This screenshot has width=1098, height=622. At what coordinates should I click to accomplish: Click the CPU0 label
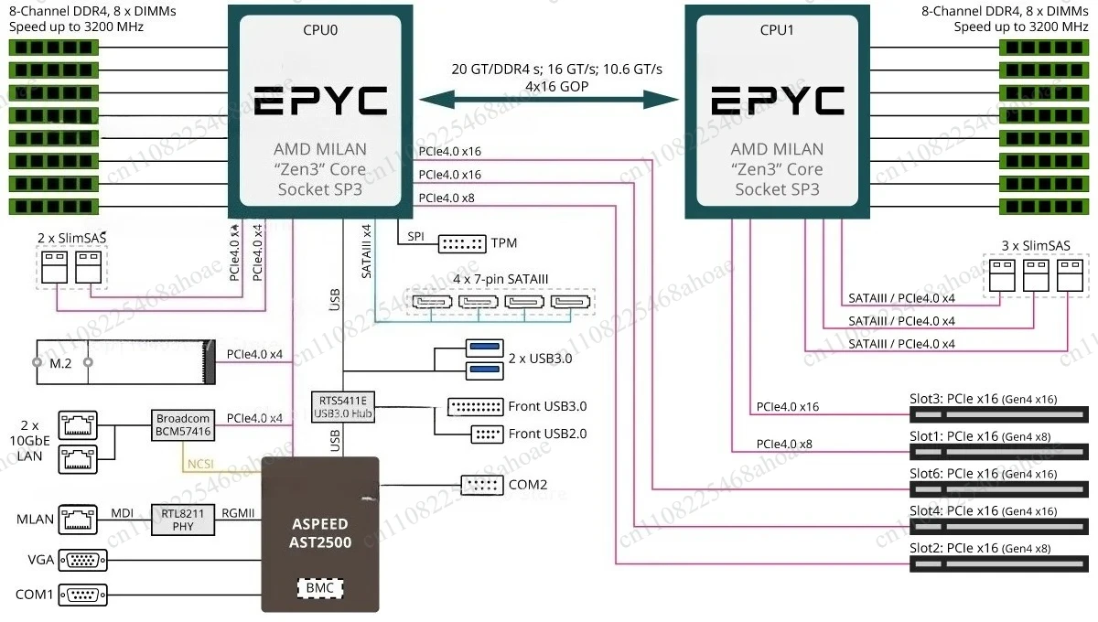pyautogui.click(x=320, y=30)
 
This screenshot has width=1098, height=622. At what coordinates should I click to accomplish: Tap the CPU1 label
pyautogui.click(x=777, y=30)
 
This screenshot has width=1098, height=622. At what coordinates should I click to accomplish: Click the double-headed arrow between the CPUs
pyautogui.click(x=549, y=100)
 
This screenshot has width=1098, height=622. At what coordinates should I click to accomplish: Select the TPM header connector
pyautogui.click(x=462, y=243)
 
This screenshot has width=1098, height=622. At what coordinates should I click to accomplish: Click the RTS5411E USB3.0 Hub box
pyautogui.click(x=343, y=406)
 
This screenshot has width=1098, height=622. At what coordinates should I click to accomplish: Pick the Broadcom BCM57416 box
pyautogui.click(x=183, y=425)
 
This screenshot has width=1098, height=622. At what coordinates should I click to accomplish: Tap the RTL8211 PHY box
pyautogui.click(x=183, y=520)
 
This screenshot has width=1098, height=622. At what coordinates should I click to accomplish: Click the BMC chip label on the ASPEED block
pyautogui.click(x=320, y=587)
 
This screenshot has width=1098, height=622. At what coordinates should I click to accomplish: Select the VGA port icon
pyautogui.click(x=83, y=560)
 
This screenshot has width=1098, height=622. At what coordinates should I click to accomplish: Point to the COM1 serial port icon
pyautogui.click(x=83, y=595)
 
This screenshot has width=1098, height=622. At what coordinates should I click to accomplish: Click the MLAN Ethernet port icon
pyautogui.click(x=78, y=520)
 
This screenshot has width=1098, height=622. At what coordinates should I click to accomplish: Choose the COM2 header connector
pyautogui.click(x=482, y=485)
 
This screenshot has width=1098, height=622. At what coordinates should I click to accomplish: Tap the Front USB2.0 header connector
pyautogui.click(x=487, y=434)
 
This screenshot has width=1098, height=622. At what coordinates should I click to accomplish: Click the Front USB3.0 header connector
pyautogui.click(x=476, y=407)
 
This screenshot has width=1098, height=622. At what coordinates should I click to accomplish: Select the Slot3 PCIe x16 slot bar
pyautogui.click(x=998, y=414)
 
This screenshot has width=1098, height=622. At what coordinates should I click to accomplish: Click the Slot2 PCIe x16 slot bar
pyautogui.click(x=998, y=564)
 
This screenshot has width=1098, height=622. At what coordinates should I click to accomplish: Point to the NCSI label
pyautogui.click(x=200, y=464)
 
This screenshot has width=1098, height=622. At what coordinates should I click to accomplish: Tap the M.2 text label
pyautogui.click(x=60, y=363)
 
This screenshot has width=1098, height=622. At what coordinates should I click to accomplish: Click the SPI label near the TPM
pyautogui.click(x=415, y=236)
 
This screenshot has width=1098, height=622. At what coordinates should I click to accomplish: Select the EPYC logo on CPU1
pyautogui.click(x=778, y=101)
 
